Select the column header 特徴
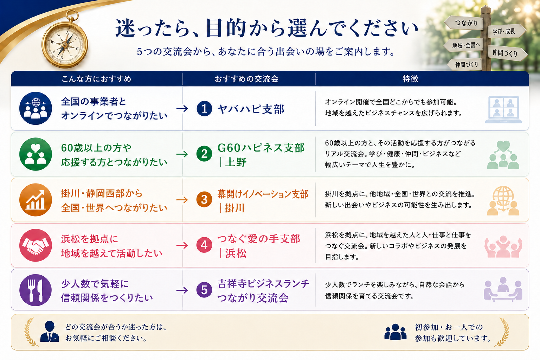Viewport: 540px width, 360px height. coord(410,79)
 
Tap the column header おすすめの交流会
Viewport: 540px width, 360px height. coord(246,79)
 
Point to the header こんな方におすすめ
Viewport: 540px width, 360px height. coord(96,79)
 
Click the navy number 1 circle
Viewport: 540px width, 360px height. coord(204,109)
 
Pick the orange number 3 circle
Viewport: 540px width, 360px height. coord(204,199)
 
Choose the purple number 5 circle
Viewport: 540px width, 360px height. coord(204,290)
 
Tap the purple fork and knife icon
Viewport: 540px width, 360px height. coord(36,290)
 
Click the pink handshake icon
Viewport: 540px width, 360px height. coord(36,245)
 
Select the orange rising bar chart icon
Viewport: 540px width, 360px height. coord(36,200)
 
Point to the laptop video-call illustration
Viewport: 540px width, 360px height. coord(503,109)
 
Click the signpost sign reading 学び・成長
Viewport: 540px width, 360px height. coord(506,31)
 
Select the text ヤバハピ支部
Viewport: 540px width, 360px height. coord(251,109)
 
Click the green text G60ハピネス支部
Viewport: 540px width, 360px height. coord(261,148)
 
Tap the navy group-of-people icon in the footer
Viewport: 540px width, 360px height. coord(396,332)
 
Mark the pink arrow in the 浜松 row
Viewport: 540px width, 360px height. coord(182,245)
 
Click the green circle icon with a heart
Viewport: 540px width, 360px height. coord(36,154)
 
